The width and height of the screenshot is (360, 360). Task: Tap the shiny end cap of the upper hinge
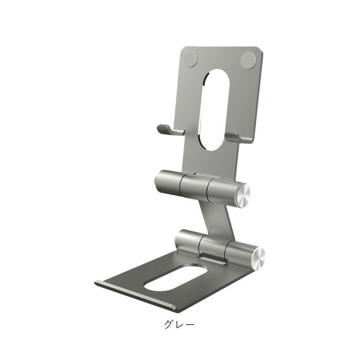[244, 195]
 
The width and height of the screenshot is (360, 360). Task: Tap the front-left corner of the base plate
[97, 282]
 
